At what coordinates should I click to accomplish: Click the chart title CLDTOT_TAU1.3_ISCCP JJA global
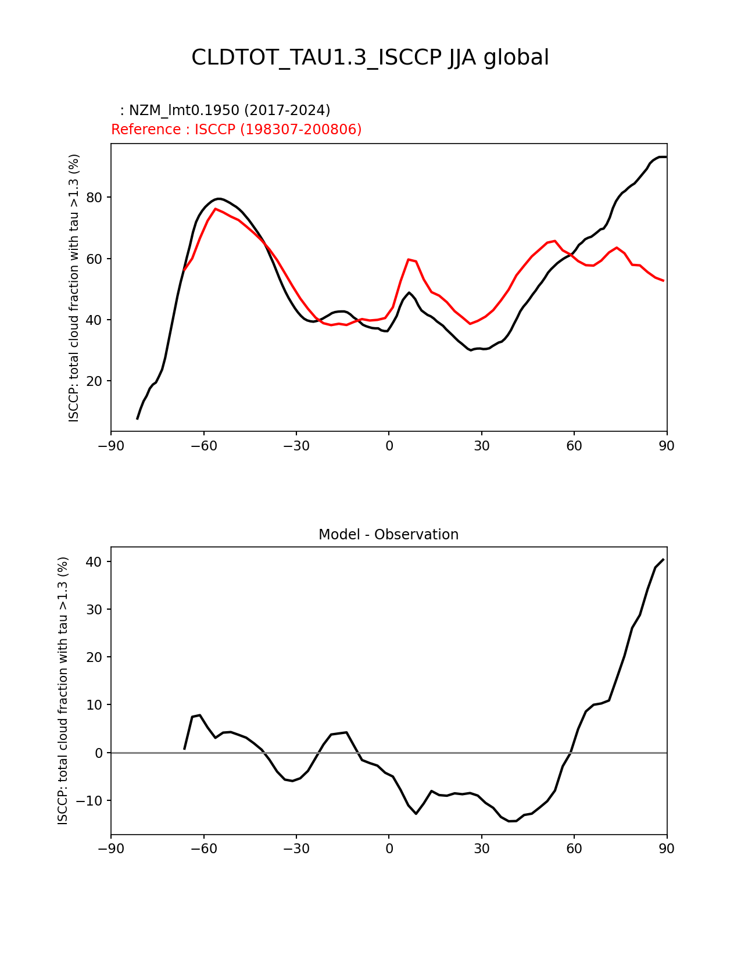[370, 58]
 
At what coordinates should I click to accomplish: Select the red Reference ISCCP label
[236, 130]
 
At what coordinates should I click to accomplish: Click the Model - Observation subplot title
[388, 535]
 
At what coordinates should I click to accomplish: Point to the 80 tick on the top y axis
[94, 198]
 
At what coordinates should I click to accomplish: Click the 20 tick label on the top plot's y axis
[94, 381]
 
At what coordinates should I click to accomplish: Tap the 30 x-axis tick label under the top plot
[481, 446]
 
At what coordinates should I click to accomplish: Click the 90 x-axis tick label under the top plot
[667, 446]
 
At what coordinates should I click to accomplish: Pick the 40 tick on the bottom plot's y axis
[94, 562]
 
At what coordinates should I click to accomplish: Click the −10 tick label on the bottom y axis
[90, 801]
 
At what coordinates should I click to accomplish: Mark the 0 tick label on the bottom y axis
[99, 753]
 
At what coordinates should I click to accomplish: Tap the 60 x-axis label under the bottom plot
[574, 849]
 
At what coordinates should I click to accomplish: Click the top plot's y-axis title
[74, 288]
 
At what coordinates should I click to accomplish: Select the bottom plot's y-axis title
[63, 690]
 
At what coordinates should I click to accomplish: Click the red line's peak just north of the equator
[409, 259]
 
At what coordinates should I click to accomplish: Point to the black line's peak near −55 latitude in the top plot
[219, 199]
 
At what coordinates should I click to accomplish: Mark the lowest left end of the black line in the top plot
[137, 418]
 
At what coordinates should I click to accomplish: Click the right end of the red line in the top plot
[663, 281]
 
